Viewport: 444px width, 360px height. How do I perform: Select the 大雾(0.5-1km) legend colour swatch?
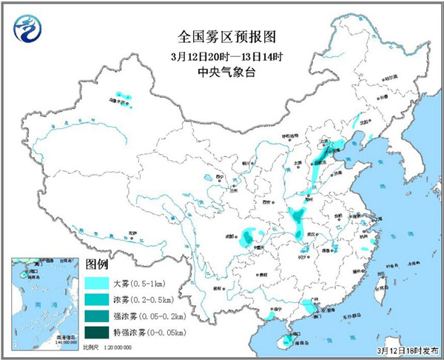97,283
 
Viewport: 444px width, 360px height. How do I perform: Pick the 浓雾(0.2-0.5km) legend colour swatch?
97,299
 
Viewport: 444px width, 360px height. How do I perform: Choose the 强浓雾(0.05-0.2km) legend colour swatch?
97,316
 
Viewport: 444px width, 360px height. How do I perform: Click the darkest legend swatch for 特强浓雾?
97,332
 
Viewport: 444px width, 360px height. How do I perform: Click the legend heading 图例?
97,264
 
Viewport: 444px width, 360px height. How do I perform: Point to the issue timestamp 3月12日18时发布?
404,349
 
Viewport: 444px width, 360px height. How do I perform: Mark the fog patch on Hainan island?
282,340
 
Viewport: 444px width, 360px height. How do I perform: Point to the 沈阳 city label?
363,121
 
